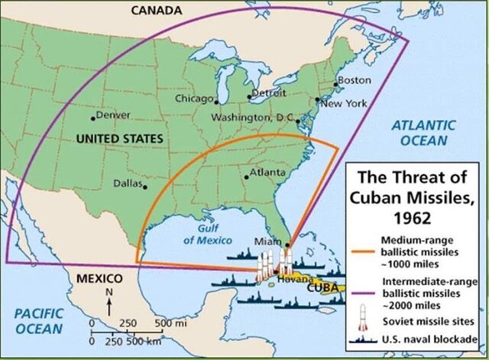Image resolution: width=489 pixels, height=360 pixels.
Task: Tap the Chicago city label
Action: click(x=195, y=99)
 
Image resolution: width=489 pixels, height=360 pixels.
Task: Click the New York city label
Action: click(x=342, y=103)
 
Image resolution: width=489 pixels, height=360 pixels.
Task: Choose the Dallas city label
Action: click(x=128, y=183)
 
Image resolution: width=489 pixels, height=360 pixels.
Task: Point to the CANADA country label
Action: click(x=157, y=10)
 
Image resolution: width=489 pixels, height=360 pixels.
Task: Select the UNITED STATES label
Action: click(x=120, y=138)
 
